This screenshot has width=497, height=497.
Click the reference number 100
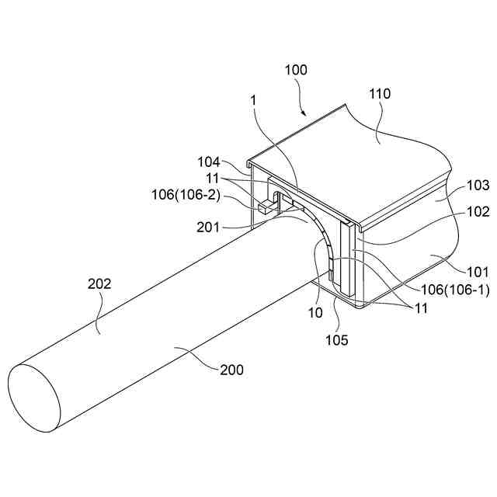[x=296, y=70]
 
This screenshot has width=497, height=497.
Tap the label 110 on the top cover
[x=380, y=94]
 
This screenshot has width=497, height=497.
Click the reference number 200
[x=231, y=370]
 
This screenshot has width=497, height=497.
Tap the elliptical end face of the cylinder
[x=34, y=397]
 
